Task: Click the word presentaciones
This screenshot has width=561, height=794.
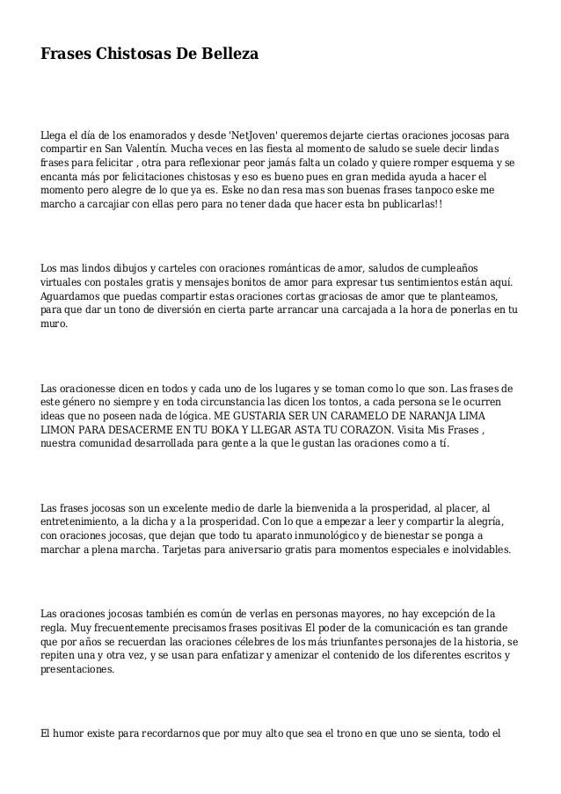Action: (x=77, y=668)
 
